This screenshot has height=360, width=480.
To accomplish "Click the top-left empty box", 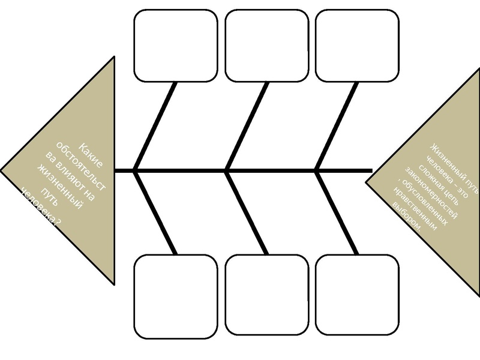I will pos(175,45).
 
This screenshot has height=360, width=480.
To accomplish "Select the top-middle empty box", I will pos(266,45).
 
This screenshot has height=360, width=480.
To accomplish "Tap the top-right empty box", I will pos(356,45).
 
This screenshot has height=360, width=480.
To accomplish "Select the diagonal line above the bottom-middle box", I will pos(247,213).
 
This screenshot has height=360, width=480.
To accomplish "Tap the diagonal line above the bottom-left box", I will pos(156,213).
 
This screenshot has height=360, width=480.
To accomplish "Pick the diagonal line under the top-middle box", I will pos(247,126).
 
